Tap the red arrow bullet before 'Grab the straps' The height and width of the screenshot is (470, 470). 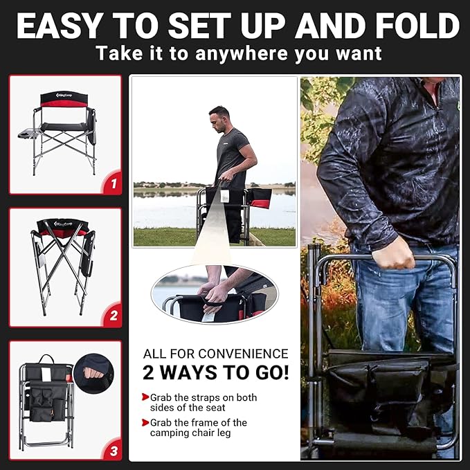145,398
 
